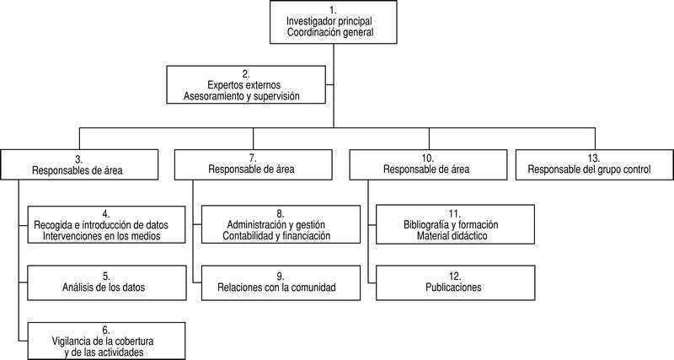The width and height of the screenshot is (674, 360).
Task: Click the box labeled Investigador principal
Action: point(333,22)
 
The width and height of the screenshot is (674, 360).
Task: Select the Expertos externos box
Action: point(246,85)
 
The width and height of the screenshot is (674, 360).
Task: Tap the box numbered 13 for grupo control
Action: point(595,164)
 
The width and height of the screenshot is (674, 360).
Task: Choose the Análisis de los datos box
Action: point(107,282)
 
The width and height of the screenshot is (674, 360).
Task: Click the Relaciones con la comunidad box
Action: point(281,282)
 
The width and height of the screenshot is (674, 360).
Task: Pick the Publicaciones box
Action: point(455,282)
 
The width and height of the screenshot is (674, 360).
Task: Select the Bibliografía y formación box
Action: point(455,224)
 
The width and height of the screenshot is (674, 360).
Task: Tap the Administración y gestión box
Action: point(281,224)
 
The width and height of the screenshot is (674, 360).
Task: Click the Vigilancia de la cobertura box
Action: point(107,341)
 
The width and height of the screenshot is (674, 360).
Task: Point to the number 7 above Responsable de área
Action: point(253,159)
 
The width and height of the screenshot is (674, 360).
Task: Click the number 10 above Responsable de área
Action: point(428,159)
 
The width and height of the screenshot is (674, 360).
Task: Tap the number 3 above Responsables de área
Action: point(79,159)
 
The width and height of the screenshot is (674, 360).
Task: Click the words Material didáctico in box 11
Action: point(452,236)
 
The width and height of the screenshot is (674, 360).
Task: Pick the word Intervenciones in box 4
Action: point(71,236)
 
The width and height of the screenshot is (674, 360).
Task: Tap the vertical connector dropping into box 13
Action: point(596,138)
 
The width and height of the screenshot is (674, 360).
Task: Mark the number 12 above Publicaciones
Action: point(455,277)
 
